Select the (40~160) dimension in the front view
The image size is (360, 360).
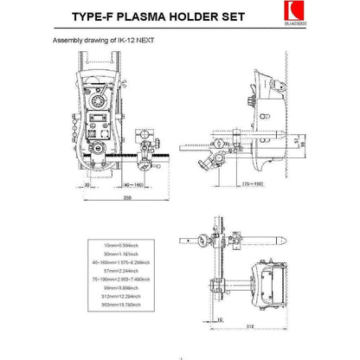(132, 183)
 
